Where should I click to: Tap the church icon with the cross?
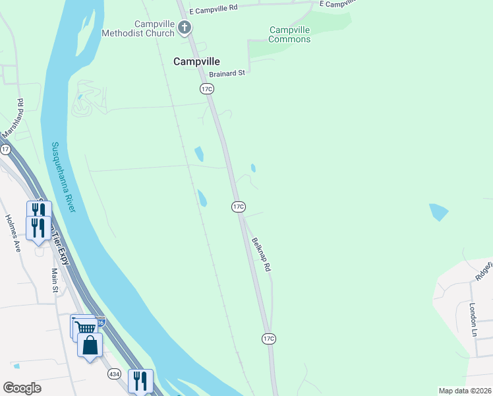click(x=185, y=28)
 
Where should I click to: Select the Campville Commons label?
click(x=290, y=34)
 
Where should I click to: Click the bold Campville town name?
click(x=196, y=61)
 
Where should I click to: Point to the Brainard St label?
click(x=227, y=73)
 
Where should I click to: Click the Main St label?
click(x=55, y=280)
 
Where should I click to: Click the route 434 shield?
click(x=114, y=374)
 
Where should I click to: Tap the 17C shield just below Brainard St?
click(x=207, y=88)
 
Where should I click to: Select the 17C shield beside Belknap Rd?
click(x=239, y=207)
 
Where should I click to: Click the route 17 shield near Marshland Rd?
click(x=6, y=150)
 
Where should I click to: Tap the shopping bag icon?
click(x=89, y=345)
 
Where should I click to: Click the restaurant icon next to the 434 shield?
click(x=140, y=381)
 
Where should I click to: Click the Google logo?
click(x=22, y=388)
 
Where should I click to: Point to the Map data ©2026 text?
click(x=464, y=391)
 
